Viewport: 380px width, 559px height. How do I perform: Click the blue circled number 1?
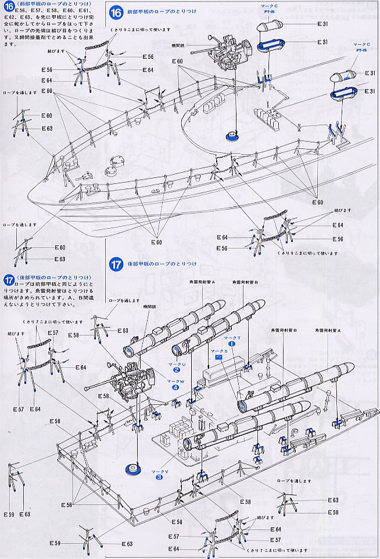pyautogui.click(x=232, y=343)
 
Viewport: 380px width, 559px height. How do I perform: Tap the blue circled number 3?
pyautogui.click(x=159, y=478)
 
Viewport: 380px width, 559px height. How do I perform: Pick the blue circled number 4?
pyautogui.click(x=175, y=387)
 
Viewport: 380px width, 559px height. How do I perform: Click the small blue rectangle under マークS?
pyautogui.click(x=219, y=358)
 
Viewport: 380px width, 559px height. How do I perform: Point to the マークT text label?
pyautogui.click(x=232, y=337)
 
